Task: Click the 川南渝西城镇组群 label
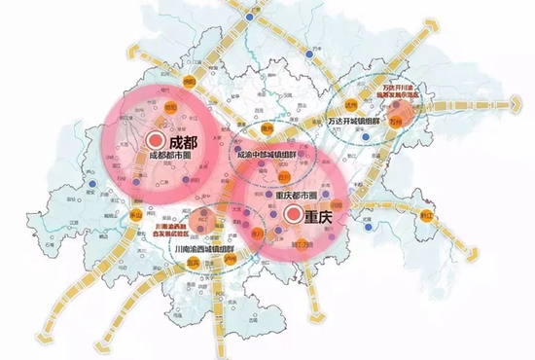tap(203, 248)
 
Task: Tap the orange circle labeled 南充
tap(267, 126)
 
